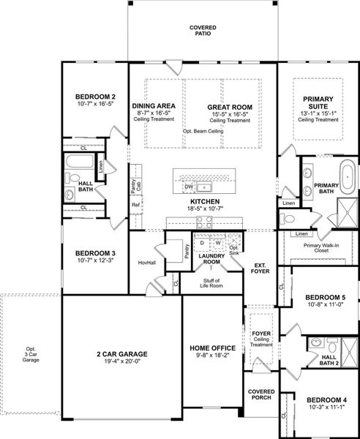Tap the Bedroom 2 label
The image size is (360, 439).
[x=96, y=97]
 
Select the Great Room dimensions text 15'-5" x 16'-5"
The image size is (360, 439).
[x=229, y=113]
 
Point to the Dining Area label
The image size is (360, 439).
[x=153, y=106]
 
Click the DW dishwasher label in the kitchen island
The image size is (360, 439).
[x=189, y=187]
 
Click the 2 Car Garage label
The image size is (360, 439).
[x=121, y=353]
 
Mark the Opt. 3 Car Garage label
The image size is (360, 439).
[x=30, y=354]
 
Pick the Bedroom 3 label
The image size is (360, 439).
[x=96, y=255]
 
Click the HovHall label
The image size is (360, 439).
[x=148, y=262]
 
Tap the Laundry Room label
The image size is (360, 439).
[x=211, y=258]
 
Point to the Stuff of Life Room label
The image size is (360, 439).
[x=211, y=285]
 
